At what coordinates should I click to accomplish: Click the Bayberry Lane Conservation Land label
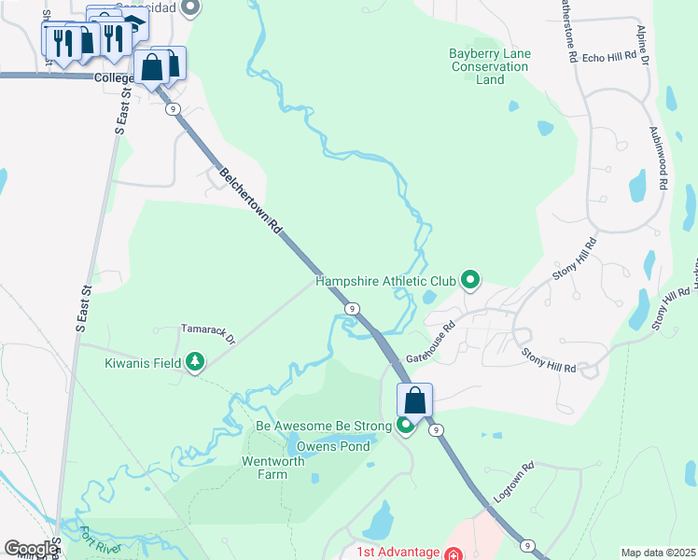click(x=489, y=66)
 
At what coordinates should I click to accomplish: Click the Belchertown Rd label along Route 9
click(x=249, y=199)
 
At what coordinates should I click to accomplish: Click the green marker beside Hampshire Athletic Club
click(x=471, y=279)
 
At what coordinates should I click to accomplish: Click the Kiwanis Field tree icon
click(x=194, y=361)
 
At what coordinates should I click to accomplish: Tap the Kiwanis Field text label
click(x=144, y=361)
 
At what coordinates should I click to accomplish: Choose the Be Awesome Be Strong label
click(x=324, y=427)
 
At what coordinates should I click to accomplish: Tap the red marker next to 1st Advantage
click(x=453, y=553)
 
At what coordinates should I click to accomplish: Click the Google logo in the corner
click(x=30, y=549)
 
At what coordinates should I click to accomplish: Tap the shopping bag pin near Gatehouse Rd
click(x=414, y=400)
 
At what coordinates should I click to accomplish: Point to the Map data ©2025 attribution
click(x=657, y=553)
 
